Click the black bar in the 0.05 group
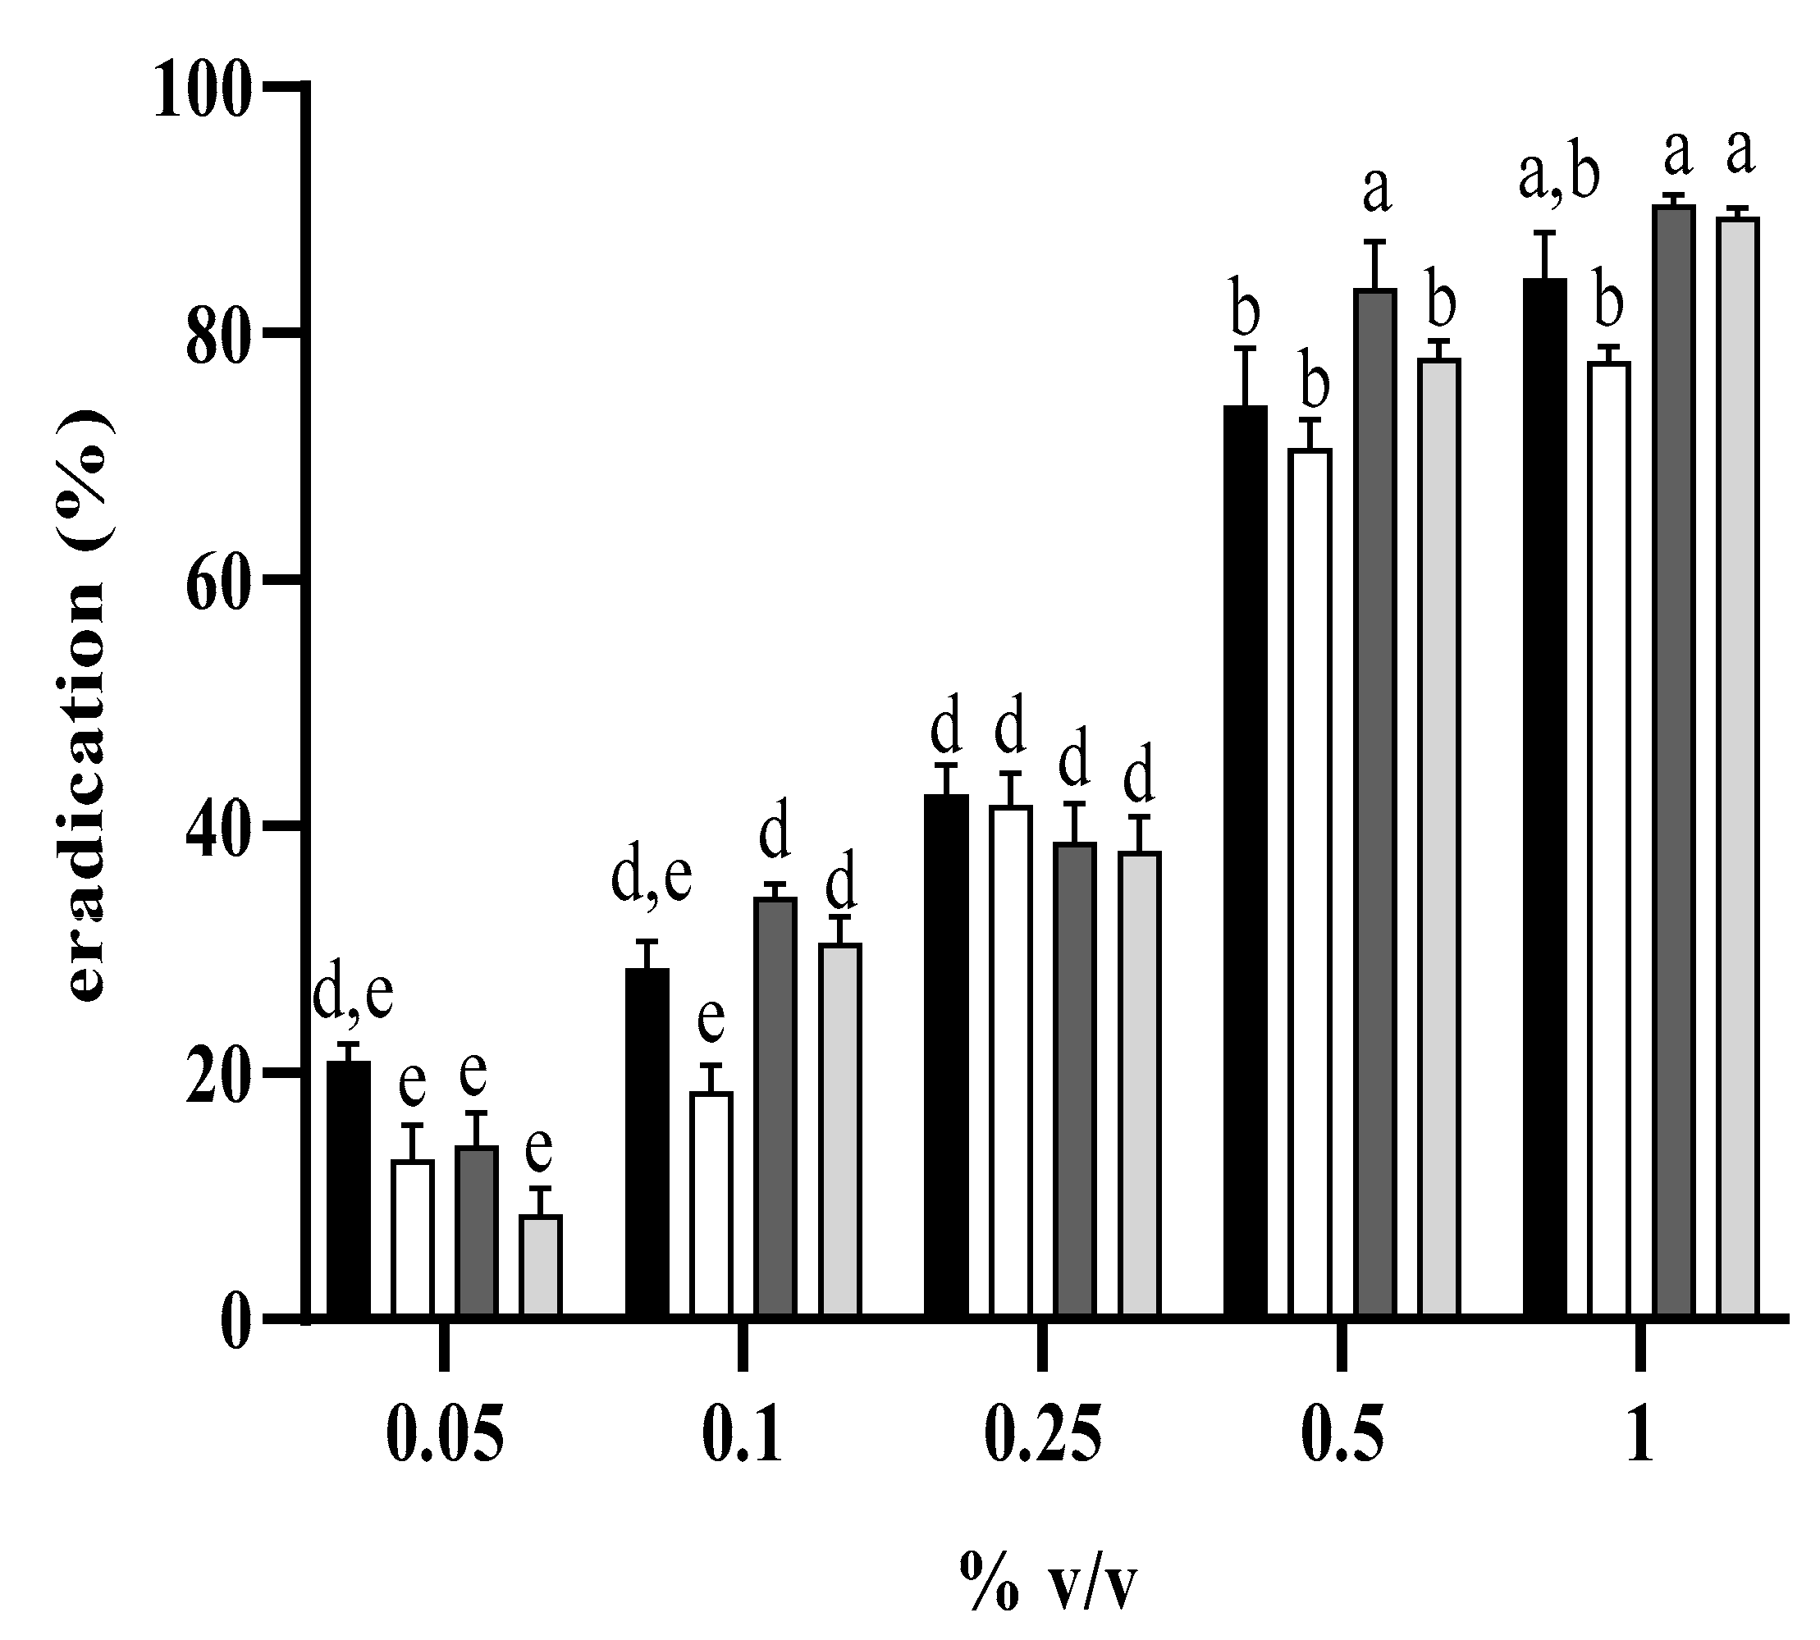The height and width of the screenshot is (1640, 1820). [x=347, y=1190]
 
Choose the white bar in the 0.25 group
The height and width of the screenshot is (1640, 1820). [x=1010, y=1063]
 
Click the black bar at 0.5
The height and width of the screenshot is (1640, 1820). [x=1245, y=863]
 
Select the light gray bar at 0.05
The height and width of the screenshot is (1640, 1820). [x=540, y=1267]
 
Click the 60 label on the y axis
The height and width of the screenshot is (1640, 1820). [x=216, y=581]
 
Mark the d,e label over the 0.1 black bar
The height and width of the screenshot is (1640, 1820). [x=651, y=877]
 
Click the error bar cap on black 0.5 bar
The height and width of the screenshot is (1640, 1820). [x=1245, y=348]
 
